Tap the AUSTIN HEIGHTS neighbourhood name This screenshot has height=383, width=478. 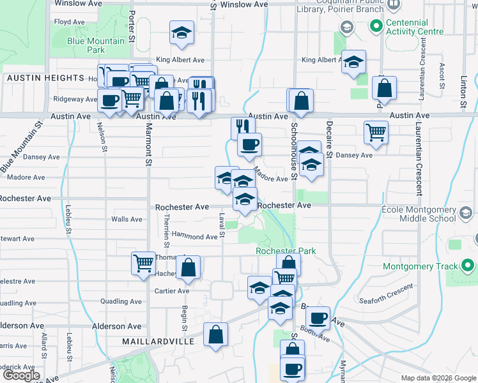coord(45,78)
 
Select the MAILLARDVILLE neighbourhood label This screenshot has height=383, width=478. coord(158,342)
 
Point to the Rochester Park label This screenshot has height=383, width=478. coord(286,252)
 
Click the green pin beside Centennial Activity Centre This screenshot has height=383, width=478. coord(376,27)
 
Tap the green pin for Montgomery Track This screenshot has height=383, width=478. coord(467,266)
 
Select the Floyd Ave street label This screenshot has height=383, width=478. coord(70,22)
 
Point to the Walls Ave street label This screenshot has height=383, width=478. coord(127,219)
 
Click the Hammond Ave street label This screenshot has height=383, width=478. coord(194,237)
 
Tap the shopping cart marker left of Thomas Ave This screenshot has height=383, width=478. coord(144,262)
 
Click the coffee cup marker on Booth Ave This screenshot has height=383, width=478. coord(318,317)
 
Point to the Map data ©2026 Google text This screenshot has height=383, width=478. coord(438,378)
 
